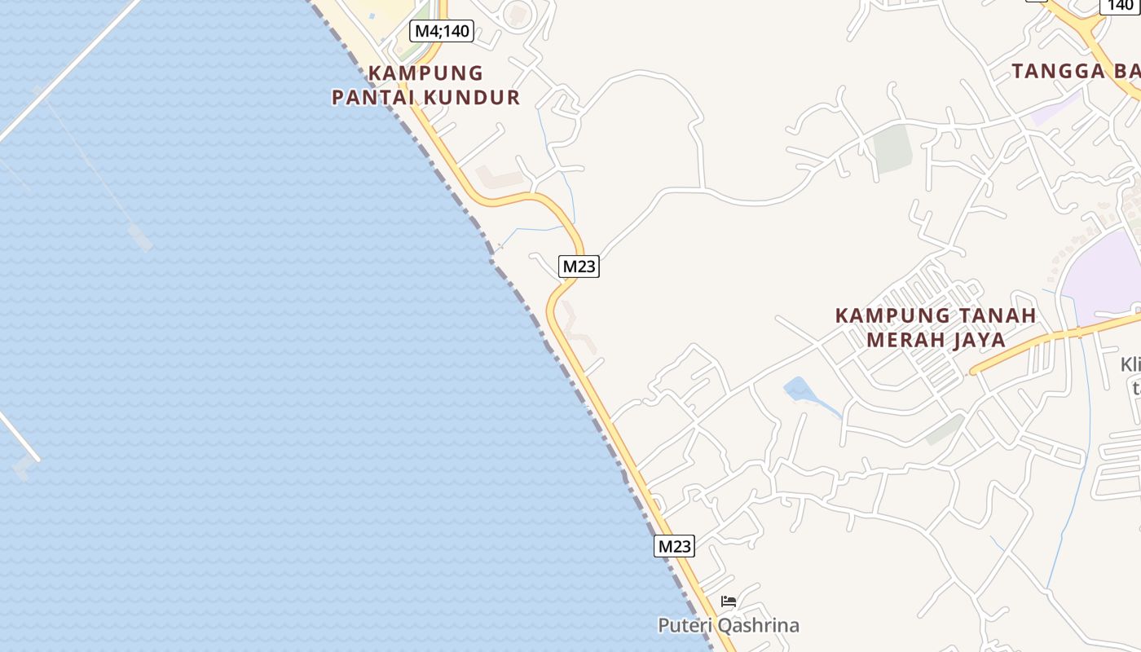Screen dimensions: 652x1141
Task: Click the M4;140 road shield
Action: (441, 32)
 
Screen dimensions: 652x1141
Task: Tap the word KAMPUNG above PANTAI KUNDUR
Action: (425, 73)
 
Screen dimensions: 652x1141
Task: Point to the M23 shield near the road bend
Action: (579, 266)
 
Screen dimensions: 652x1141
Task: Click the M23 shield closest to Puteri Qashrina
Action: (674, 546)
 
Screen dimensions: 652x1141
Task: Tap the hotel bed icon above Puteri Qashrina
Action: (729, 602)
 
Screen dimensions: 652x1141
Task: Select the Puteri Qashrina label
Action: (729, 626)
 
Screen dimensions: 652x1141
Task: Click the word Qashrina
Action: (760, 626)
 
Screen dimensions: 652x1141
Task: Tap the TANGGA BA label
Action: (1075, 71)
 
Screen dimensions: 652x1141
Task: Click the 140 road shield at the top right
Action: (1120, 6)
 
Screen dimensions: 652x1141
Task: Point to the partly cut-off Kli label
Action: (1130, 364)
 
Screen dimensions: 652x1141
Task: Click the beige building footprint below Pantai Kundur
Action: (499, 175)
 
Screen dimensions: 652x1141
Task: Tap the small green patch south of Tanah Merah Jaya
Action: (945, 430)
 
